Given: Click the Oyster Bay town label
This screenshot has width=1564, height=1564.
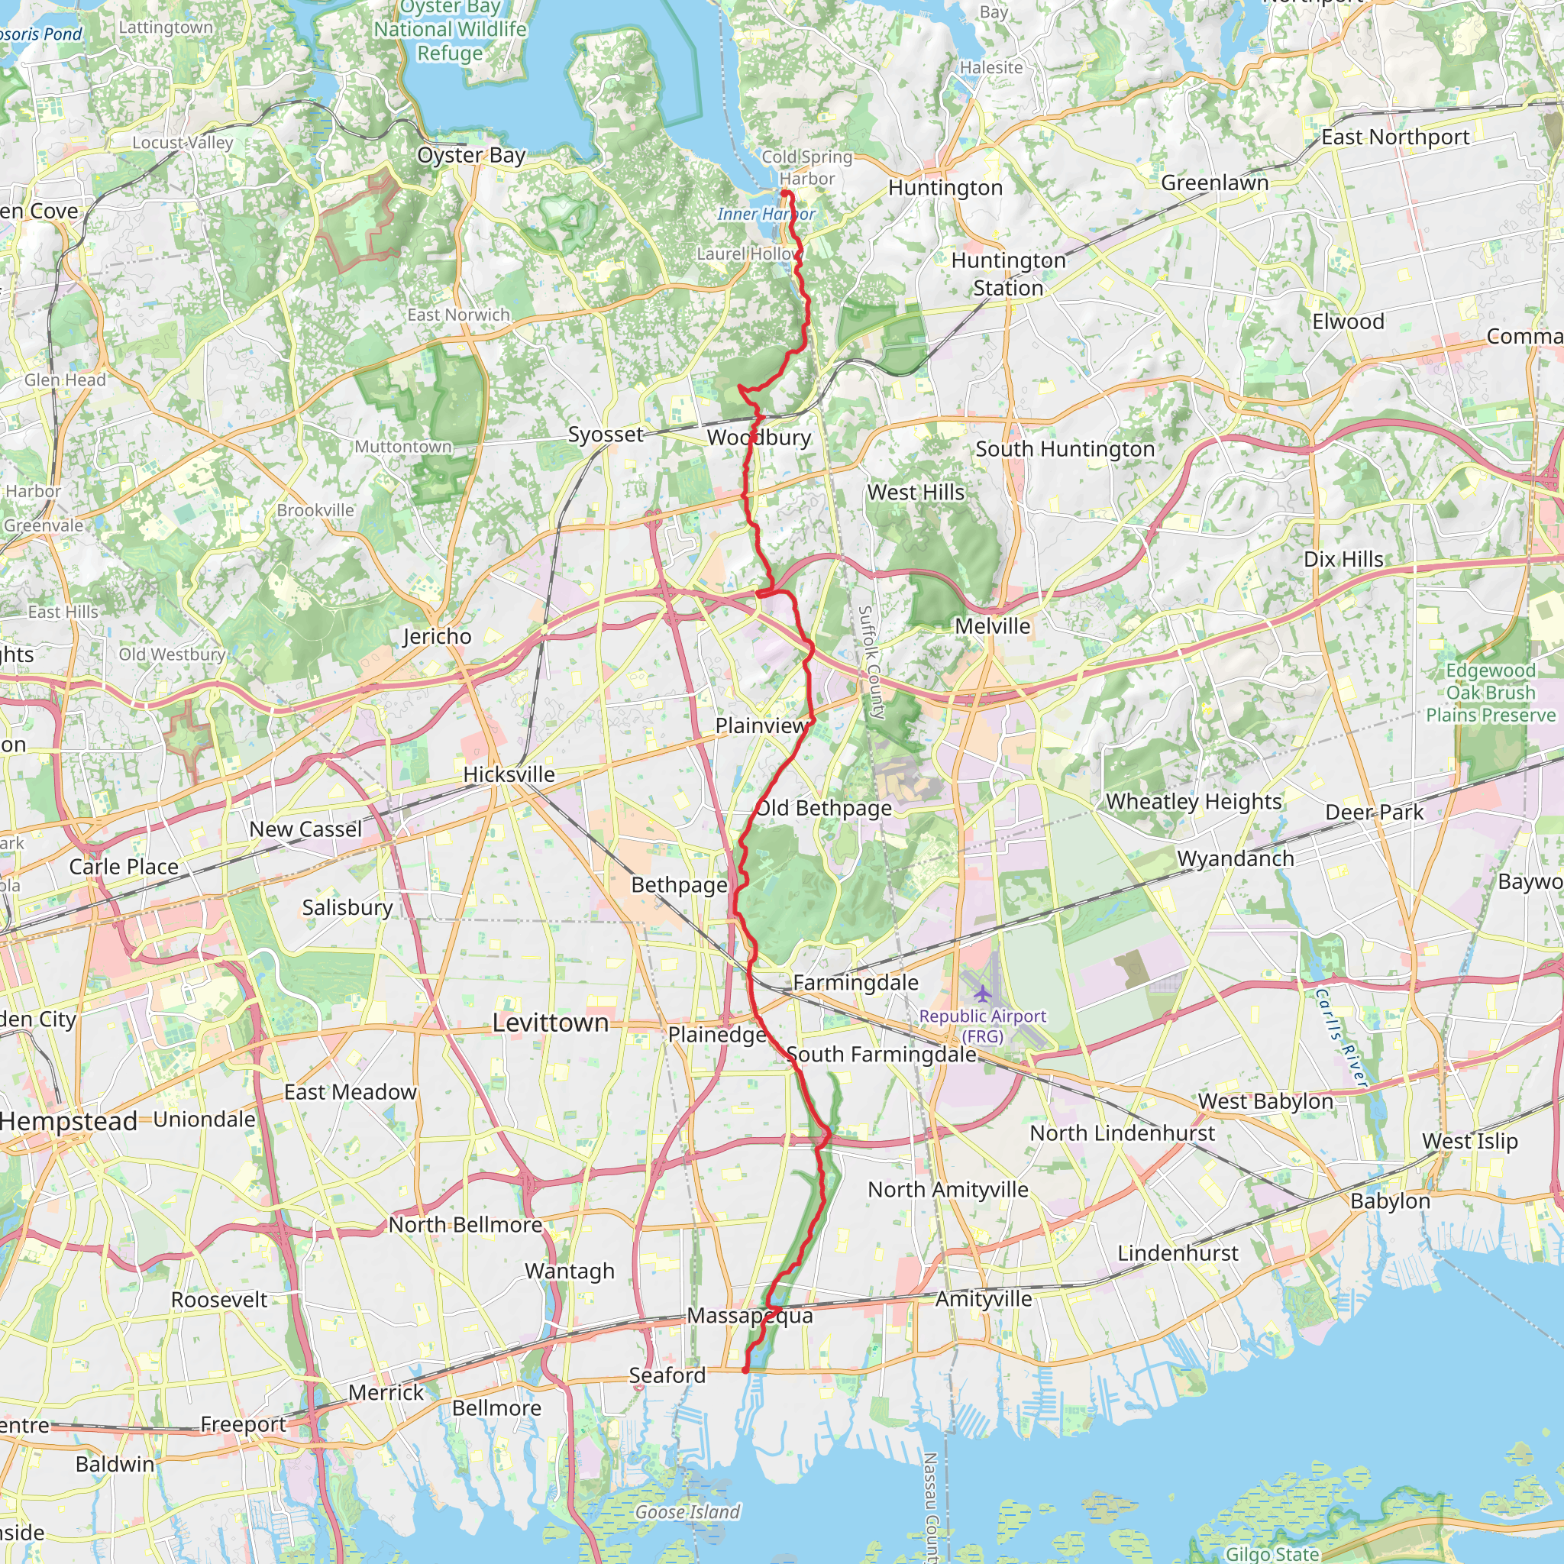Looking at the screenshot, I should tap(471, 156).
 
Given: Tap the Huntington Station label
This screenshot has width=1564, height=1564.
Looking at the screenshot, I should tap(1008, 274).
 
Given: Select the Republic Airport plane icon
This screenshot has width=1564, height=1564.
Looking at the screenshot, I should tap(983, 994).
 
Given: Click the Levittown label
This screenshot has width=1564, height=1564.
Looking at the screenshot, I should tap(551, 1023).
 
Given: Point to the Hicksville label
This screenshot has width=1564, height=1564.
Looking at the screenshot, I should tap(509, 774).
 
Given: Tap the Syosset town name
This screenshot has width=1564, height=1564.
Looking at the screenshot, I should tap(606, 435).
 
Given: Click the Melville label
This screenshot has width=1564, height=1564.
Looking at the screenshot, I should tap(993, 626).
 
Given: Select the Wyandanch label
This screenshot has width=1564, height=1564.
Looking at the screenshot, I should tap(1236, 859).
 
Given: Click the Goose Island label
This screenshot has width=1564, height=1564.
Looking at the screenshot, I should tap(687, 1512).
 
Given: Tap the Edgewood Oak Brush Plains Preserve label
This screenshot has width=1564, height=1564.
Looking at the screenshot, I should tap(1491, 693).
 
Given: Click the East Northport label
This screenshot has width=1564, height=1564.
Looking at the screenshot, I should tap(1396, 137).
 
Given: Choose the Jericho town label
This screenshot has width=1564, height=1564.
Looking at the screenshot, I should tap(437, 637).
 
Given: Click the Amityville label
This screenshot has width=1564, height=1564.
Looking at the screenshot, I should tap(984, 1299).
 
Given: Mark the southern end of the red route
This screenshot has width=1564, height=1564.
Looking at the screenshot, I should tap(745, 1371).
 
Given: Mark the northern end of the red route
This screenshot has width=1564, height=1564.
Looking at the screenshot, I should tap(784, 192).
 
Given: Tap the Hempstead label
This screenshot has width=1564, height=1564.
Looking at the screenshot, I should tap(69, 1122).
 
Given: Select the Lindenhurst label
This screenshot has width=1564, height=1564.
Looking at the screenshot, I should tap(1178, 1254).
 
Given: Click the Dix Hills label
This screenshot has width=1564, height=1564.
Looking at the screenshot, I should tap(1343, 559).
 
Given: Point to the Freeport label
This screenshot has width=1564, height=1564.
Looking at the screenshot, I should tap(243, 1424).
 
